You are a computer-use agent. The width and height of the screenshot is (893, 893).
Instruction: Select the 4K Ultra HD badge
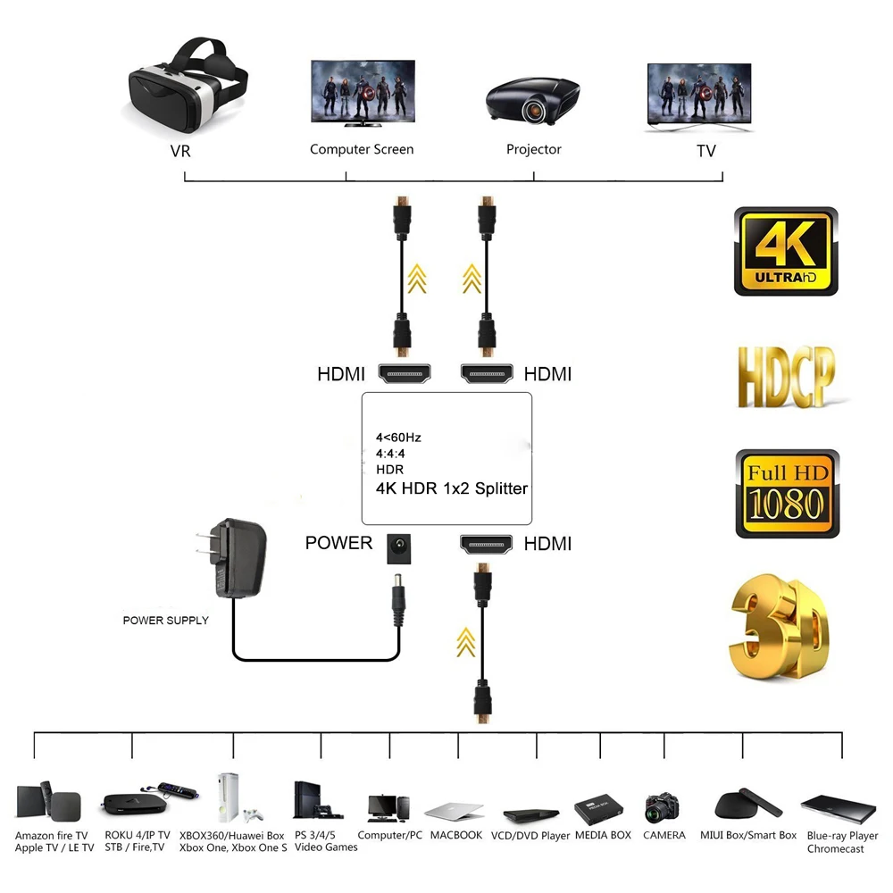click(786, 252)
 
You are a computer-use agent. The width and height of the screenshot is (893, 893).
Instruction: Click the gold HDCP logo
click(786, 376)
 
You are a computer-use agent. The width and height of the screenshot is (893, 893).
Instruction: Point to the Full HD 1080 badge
click(787, 493)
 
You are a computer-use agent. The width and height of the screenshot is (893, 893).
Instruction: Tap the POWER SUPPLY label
click(165, 620)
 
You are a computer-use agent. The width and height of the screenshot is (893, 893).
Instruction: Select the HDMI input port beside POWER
click(487, 544)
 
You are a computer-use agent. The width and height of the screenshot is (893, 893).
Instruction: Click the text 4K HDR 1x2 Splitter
click(451, 488)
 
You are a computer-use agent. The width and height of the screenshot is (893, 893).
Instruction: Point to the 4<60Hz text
click(397, 438)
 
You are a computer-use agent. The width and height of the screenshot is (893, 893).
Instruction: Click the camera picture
click(663, 807)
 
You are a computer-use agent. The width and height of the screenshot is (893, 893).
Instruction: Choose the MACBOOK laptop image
click(455, 811)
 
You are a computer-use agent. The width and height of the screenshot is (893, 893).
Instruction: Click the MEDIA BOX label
click(603, 835)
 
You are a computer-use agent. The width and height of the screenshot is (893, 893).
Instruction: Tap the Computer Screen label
click(362, 149)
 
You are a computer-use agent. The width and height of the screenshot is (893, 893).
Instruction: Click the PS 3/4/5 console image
click(317, 801)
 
